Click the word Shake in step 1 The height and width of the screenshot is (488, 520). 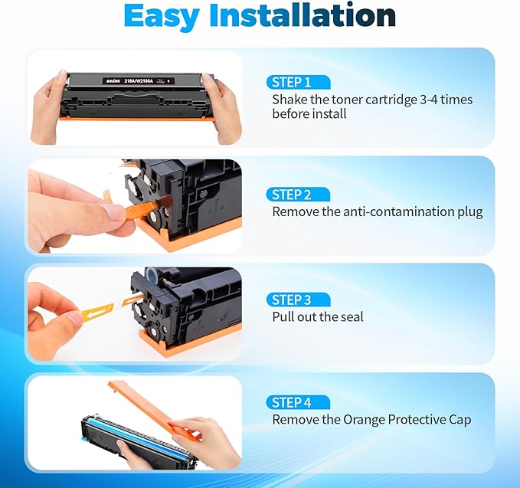click(x=289, y=100)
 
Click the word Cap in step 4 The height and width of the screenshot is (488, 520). click(x=459, y=419)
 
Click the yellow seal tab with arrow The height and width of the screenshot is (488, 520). click(x=99, y=311)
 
